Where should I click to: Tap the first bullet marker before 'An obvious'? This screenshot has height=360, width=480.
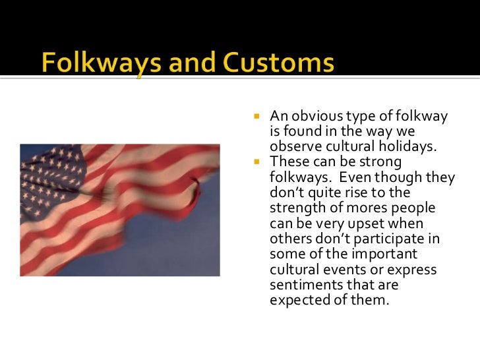pyautogui.click(x=258, y=117)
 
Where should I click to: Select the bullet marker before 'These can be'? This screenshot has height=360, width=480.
pyautogui.click(x=258, y=162)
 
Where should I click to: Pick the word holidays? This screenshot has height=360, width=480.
pyautogui.click(x=411, y=146)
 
